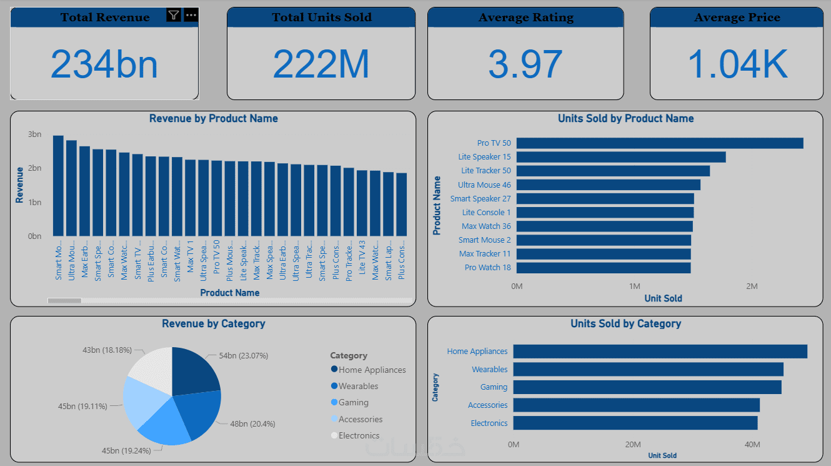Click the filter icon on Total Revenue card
(x=174, y=15)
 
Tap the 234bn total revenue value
(x=104, y=64)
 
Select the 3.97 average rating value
(x=525, y=64)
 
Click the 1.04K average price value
(x=737, y=64)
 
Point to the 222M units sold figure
(x=321, y=64)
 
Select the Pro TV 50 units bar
(x=660, y=143)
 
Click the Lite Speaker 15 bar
(x=621, y=157)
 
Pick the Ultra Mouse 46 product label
(x=484, y=185)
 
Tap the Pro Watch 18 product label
(x=488, y=268)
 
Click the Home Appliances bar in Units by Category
(x=660, y=352)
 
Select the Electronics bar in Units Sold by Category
(x=635, y=423)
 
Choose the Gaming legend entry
(x=354, y=403)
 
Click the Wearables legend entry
(x=359, y=387)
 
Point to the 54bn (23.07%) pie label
(x=244, y=356)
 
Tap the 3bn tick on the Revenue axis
(x=34, y=134)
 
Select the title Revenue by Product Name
(x=213, y=118)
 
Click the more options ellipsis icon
(x=191, y=15)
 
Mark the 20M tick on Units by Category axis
(x=633, y=445)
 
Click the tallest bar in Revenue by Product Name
(x=58, y=186)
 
